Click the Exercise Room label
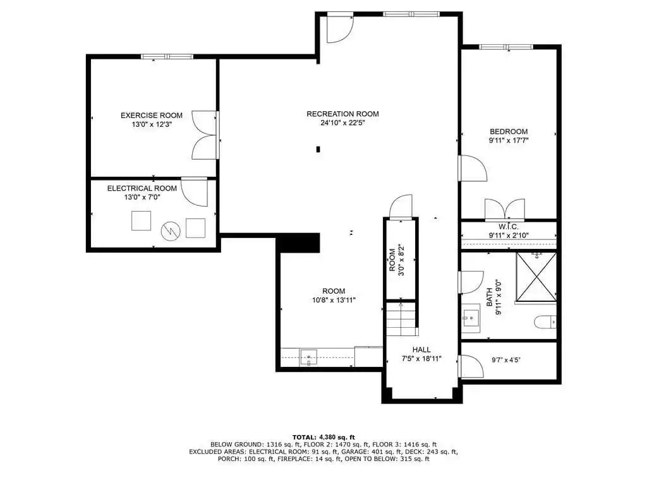click(152, 116)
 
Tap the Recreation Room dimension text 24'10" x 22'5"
click(343, 123)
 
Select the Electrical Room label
click(142, 188)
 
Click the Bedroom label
click(509, 131)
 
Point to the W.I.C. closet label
click(509, 227)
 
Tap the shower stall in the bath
click(536, 277)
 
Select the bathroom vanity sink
click(470, 318)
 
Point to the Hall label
click(421, 350)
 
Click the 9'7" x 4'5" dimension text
click(506, 360)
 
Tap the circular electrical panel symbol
click(171, 231)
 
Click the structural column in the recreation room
click(318, 149)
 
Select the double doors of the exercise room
click(205, 135)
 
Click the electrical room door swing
click(194, 192)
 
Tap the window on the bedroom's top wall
click(505, 47)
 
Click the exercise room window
click(167, 56)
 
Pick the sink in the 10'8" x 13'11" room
click(308, 357)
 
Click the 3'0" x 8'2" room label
click(396, 260)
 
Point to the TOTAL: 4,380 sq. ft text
click(323, 437)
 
